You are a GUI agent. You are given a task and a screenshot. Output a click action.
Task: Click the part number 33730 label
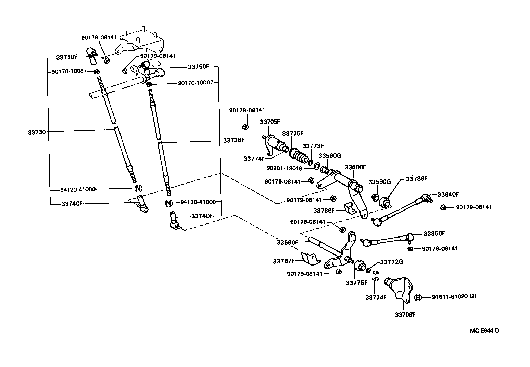point(37,132)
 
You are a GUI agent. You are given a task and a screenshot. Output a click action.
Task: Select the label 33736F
point(234,140)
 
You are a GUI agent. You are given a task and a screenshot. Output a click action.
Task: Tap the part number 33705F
point(270,122)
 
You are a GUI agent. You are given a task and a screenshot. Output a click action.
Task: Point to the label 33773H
point(313,146)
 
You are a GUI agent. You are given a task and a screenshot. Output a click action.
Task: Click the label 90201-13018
point(285,168)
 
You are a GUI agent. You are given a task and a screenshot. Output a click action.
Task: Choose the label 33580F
point(355,167)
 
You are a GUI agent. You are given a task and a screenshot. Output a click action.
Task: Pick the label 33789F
point(417,179)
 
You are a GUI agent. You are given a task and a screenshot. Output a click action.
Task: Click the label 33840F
point(448,194)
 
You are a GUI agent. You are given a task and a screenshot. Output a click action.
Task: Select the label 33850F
point(434,234)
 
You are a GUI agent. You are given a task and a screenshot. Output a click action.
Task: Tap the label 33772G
point(391,262)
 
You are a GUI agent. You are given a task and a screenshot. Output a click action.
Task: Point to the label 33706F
point(405,315)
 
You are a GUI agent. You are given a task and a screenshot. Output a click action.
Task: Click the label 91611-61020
point(450,296)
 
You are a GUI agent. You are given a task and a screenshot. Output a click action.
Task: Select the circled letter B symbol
point(418,297)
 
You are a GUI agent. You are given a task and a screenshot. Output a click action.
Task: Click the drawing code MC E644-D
point(484,331)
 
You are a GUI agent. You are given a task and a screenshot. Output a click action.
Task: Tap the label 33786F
point(324,210)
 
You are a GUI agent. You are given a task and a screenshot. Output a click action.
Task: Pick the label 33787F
point(284,261)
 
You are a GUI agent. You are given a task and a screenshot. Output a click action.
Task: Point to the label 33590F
point(288,242)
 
